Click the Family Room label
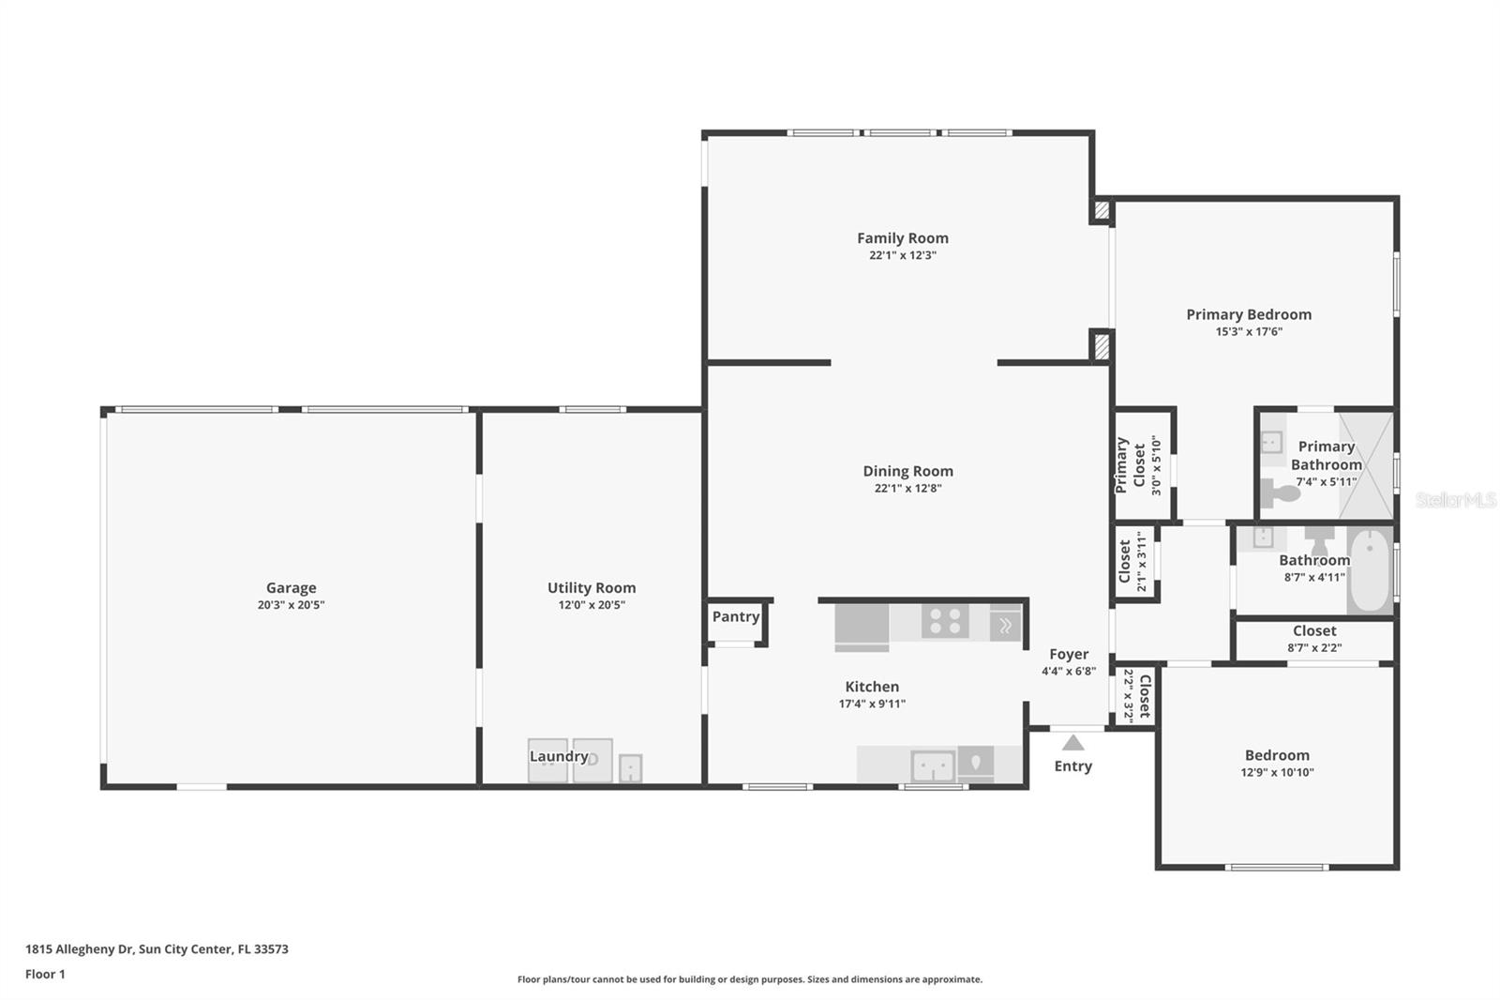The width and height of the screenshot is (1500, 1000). pos(903,238)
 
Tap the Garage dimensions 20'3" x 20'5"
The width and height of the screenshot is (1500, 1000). pos(291,604)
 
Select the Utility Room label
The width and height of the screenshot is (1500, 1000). pos(592,588)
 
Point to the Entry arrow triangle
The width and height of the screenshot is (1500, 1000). pos(1072,743)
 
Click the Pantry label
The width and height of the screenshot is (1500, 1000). pos(735,616)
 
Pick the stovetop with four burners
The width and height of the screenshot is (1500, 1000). pos(945,621)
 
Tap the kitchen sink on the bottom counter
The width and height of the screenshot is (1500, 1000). pos(933,766)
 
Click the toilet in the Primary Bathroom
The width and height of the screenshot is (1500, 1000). pos(1279,494)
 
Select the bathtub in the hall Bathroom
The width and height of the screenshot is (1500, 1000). pos(1370,570)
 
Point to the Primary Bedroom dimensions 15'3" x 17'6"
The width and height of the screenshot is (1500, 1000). pos(1249,331)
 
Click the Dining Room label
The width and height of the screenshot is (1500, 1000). pos(907,471)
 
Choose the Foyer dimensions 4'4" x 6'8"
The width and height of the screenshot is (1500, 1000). pos(1069,671)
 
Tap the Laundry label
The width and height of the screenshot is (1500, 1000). pos(559,756)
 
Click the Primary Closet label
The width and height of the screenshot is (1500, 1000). pos(1130,466)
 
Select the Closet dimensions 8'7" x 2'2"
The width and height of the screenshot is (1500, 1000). pos(1313,647)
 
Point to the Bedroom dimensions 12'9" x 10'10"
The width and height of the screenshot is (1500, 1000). pos(1277,772)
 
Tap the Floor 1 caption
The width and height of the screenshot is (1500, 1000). pos(45,974)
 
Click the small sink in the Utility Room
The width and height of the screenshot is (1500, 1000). pos(630,768)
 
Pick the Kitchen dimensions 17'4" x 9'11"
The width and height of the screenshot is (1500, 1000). pos(872,704)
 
